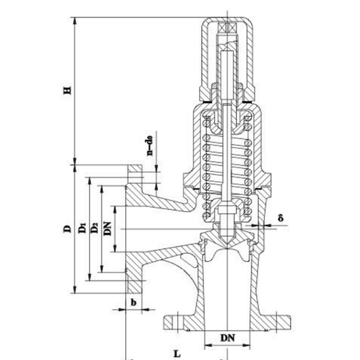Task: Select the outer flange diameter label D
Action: [x=68, y=229]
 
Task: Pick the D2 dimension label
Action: [x=95, y=229]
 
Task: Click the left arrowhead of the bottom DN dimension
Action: [x=206, y=346]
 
